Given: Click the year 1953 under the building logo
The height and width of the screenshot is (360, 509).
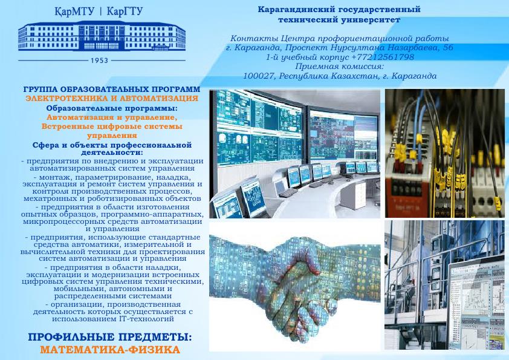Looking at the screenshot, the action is tap(99, 61).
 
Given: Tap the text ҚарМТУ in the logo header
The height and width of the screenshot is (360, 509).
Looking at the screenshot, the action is tap(74, 12).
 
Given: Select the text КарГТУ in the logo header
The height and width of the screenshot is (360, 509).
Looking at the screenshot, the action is tap(125, 11).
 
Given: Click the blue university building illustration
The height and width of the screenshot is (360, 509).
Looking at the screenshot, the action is tap(102, 36).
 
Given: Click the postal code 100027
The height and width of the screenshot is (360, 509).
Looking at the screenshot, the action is tap(259, 76).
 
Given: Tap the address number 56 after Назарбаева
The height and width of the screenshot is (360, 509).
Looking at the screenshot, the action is tap(448, 47).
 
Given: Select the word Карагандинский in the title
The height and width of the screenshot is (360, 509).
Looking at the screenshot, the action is tap(296, 10).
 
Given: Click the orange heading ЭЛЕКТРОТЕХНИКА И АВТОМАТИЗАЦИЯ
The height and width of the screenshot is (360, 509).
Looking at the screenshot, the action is tap(112, 98).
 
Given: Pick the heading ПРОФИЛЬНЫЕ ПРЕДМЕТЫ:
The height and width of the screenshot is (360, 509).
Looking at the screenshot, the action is tap(110, 337).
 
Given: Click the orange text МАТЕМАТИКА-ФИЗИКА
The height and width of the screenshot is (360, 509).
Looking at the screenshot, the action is tap(110, 350).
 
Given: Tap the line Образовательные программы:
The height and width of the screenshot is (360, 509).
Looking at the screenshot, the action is tap(112, 108).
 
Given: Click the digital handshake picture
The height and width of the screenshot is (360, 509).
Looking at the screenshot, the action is tap(294, 286).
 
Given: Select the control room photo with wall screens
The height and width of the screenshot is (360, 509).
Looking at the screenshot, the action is tap(294, 154).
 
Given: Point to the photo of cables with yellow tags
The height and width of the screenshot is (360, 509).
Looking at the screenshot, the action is tap(445, 154).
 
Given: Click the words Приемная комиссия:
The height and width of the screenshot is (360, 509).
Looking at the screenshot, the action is tap(340, 67).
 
